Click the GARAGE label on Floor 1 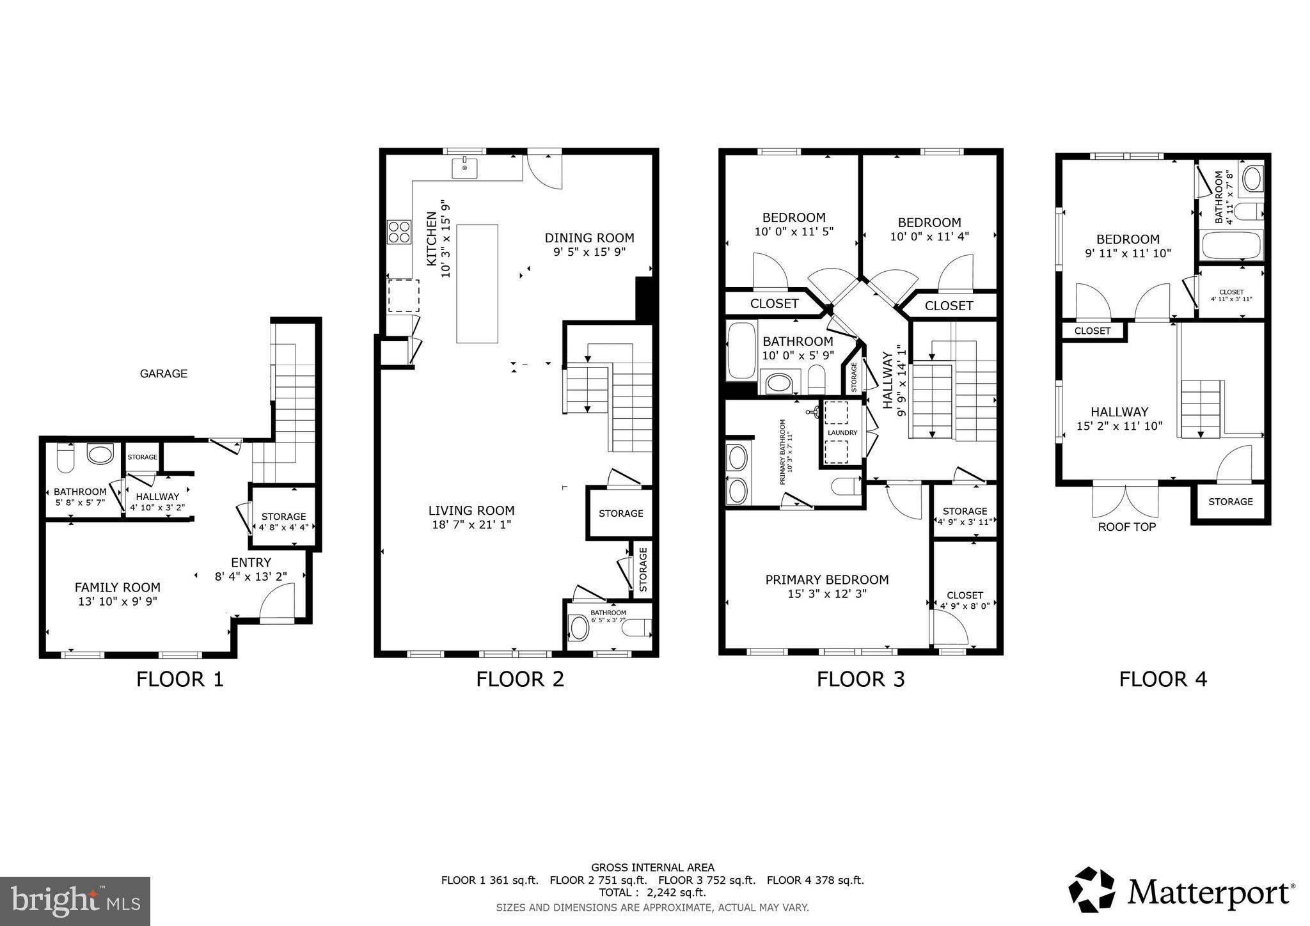click(164, 373)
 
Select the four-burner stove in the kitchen click(399, 232)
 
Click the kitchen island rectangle click(477, 283)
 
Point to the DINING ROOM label click(589, 238)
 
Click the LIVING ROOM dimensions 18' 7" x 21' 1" click(471, 525)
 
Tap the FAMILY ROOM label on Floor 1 click(117, 587)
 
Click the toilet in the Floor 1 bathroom click(66, 457)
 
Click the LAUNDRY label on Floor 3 click(842, 433)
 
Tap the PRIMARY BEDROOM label click(826, 579)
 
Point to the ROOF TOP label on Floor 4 click(1126, 528)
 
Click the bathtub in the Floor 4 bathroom click(1231, 245)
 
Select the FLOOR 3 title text click(860, 679)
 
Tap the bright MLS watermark click(75, 901)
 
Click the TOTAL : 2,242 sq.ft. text click(652, 893)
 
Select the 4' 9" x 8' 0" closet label click(965, 606)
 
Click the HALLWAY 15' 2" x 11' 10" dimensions click(1119, 426)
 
